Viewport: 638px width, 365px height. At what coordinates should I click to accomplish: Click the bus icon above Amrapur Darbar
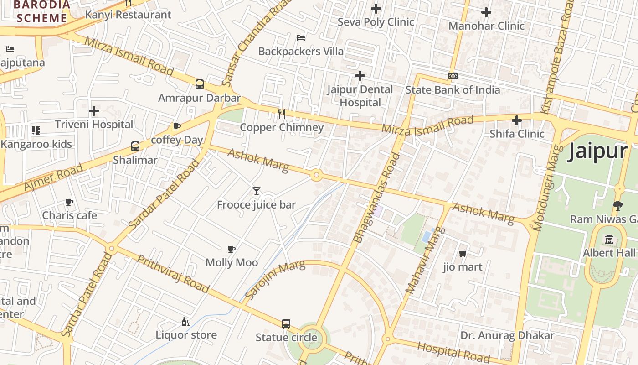[x=200, y=84]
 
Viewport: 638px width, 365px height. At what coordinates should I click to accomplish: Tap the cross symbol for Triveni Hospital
[x=94, y=111]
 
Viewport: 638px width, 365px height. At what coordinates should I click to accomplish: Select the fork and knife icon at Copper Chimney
[x=282, y=114]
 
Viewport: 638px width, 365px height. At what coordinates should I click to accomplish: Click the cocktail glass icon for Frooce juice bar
[x=257, y=191]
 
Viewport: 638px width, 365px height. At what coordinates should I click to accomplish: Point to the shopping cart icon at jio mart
[x=463, y=253]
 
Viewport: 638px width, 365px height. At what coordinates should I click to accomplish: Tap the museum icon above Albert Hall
[x=609, y=239]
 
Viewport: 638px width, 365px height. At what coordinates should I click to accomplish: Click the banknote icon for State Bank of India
[x=453, y=76]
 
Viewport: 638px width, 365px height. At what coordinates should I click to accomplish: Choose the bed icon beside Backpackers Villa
[x=301, y=37]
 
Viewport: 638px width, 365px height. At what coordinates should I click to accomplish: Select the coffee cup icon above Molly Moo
[x=232, y=249]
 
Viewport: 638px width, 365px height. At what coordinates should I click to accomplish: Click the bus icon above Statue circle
[x=286, y=324]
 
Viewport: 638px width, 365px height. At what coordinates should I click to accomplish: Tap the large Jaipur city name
[x=597, y=151]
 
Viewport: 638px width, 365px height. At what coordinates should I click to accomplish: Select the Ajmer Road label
[x=54, y=177]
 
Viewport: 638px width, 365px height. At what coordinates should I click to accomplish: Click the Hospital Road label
[x=453, y=352]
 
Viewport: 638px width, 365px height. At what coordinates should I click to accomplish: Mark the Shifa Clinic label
[x=517, y=134]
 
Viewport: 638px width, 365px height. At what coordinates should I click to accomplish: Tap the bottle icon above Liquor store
[x=186, y=322]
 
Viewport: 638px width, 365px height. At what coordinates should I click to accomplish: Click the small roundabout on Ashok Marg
[x=316, y=175]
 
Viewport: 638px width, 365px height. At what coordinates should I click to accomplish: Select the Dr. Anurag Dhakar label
[x=507, y=336]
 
